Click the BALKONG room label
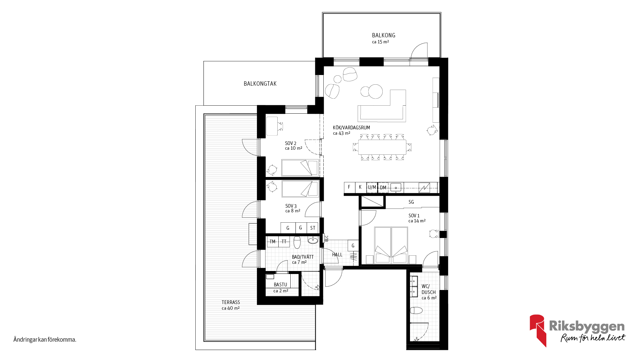click(x=384, y=35)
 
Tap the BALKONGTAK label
click(x=260, y=84)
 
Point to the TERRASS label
click(x=231, y=302)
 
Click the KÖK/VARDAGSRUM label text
click(x=351, y=128)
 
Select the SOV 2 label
click(x=291, y=143)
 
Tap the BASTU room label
click(x=280, y=285)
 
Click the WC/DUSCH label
click(x=428, y=289)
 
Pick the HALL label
click(x=337, y=255)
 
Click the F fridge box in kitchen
click(x=349, y=187)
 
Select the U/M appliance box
click(x=372, y=187)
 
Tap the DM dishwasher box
click(x=383, y=188)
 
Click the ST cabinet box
click(x=313, y=228)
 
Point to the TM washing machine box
click(x=273, y=242)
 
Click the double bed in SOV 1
click(x=391, y=245)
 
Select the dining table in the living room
click(x=382, y=147)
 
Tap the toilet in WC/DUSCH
click(x=416, y=311)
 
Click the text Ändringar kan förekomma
click(x=45, y=340)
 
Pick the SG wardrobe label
click(x=411, y=202)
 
